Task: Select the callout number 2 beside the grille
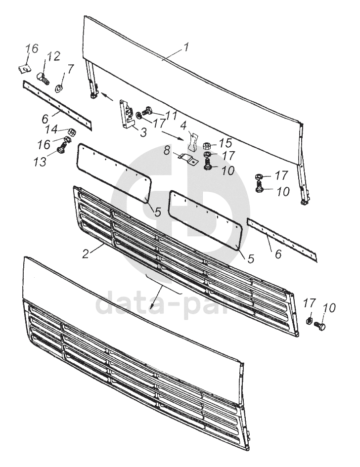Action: [86, 254]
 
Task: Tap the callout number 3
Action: [143, 133]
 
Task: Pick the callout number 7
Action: [70, 69]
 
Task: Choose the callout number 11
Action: [171, 115]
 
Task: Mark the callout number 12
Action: [54, 56]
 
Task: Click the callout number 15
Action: [225, 143]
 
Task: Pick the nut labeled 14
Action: [71, 132]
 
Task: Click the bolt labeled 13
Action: [62, 149]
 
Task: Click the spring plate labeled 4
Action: [193, 141]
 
